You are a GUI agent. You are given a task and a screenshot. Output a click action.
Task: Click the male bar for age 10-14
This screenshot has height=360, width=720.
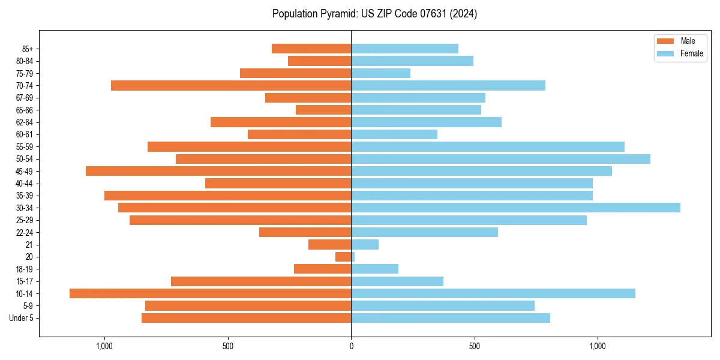[210, 293]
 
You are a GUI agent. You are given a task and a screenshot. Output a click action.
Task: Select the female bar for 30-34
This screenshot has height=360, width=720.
[515, 208]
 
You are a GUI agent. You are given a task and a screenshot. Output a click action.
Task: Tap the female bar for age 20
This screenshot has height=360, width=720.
[353, 257]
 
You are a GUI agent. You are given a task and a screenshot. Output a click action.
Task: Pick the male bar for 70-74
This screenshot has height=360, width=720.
[231, 85]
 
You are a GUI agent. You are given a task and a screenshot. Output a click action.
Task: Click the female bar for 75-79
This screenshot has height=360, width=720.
[381, 73]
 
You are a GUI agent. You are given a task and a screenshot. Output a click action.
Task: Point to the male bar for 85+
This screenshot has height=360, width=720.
[311, 49]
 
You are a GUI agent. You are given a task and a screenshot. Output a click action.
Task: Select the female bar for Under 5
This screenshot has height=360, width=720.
[451, 318]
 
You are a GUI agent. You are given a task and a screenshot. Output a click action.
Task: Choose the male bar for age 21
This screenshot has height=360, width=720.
[329, 244]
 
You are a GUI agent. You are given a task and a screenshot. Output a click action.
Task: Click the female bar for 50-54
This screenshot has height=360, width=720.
[500, 159]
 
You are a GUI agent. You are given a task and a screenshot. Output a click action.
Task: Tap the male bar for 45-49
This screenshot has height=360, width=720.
[218, 171]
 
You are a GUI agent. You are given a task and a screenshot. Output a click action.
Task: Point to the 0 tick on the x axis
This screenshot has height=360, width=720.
[351, 346]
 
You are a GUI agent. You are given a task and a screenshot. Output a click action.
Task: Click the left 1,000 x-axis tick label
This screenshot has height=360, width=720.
[104, 346]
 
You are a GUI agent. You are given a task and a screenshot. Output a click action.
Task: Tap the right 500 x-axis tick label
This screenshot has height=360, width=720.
[475, 346]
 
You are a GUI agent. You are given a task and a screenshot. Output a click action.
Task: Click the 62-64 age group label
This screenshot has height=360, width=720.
[25, 122]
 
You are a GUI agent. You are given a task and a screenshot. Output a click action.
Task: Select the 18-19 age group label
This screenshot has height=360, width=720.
[25, 269]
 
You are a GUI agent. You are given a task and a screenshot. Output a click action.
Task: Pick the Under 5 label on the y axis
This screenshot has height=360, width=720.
[22, 318]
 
